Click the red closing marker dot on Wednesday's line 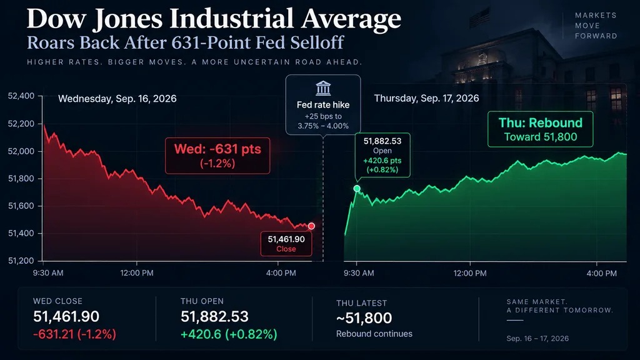(x=311, y=226)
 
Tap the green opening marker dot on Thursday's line (x=357, y=188)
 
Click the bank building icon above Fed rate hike (x=323, y=87)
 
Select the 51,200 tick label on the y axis (x=21, y=261)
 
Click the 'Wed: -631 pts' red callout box (x=217, y=156)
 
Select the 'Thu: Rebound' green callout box (x=541, y=129)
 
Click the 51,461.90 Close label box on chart (x=286, y=244)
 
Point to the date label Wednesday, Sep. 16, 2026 (x=117, y=99)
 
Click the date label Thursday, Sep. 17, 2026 (x=426, y=98)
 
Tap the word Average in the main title (x=351, y=19)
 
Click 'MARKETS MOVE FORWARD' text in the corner (x=596, y=26)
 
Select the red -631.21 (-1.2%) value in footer (x=75, y=334)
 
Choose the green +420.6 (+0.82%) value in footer (x=229, y=334)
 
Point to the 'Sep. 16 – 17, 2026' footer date (x=537, y=338)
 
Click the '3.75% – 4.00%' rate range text (x=323, y=126)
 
